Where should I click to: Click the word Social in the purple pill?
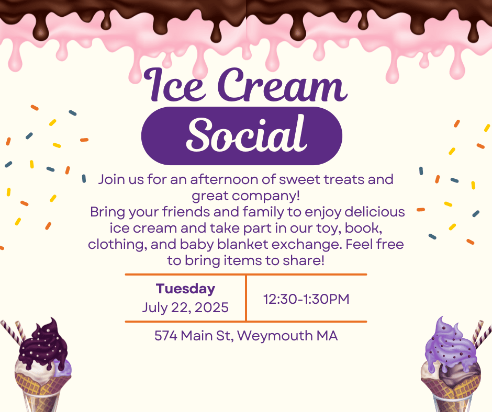[247, 135]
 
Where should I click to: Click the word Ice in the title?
[175, 84]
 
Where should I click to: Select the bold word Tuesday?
[185, 289]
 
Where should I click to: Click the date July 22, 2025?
[185, 307]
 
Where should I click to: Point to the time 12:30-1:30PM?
[306, 299]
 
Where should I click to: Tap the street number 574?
[166, 336]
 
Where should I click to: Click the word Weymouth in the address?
[275, 336]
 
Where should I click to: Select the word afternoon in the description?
[225, 180]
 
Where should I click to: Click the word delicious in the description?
[375, 212]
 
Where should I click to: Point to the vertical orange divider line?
[246, 298]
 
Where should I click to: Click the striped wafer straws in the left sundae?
[13, 333]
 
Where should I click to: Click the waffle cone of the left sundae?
[42, 384]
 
